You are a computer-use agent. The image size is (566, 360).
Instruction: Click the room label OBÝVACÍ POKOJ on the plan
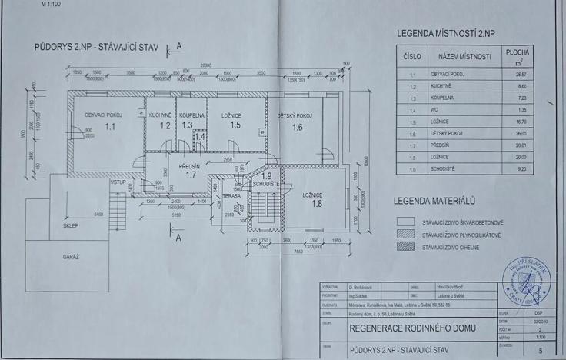click(x=105, y=114)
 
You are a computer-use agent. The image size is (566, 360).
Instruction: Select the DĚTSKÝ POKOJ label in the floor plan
click(x=295, y=115)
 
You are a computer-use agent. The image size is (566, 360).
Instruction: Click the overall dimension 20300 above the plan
click(x=205, y=65)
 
